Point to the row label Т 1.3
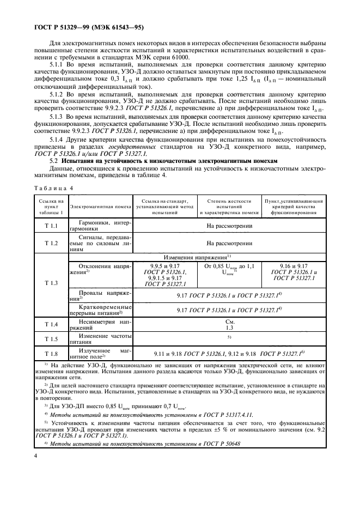[x=51, y=283]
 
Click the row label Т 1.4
[x=51, y=325]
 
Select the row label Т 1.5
[x=51, y=338]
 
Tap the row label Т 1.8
[x=51, y=353]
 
